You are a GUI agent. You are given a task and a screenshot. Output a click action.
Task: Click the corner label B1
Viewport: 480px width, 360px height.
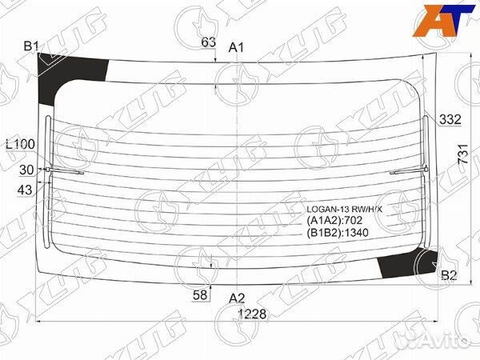click(31, 46)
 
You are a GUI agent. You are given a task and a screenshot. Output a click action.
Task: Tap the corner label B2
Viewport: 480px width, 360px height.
click(449, 275)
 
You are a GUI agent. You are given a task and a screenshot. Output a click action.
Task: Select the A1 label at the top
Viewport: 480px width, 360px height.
click(236, 47)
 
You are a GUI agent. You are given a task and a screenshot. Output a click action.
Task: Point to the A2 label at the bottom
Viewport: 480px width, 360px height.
click(237, 298)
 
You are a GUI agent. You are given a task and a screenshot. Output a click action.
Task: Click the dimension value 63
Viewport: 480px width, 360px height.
click(209, 42)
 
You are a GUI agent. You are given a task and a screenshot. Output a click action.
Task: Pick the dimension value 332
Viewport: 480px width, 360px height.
click(450, 119)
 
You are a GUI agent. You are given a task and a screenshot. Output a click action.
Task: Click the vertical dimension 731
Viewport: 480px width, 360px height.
click(463, 154)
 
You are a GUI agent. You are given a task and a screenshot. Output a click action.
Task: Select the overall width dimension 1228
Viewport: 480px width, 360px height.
click(252, 314)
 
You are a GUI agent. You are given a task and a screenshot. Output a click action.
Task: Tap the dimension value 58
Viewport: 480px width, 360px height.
click(200, 294)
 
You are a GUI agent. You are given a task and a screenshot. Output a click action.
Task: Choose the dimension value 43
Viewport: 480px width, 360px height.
click(25, 190)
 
